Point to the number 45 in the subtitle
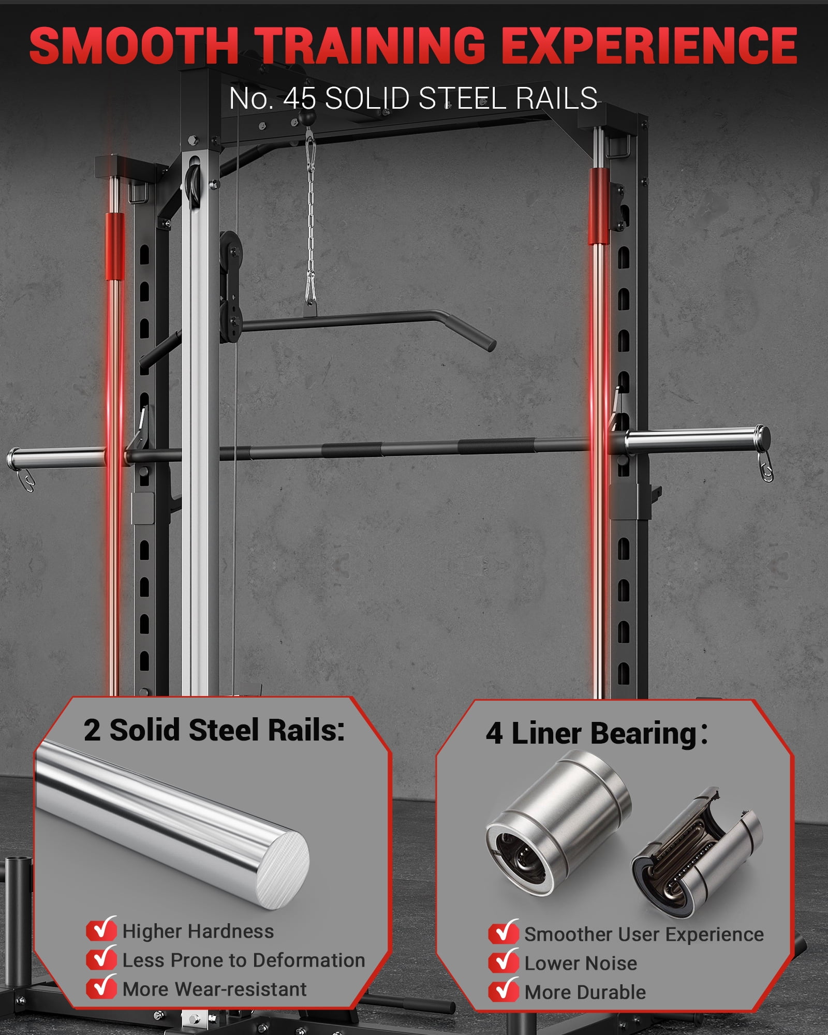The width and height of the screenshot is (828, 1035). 299,98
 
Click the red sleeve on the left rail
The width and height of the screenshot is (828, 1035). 115,246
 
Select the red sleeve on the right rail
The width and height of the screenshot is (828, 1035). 599,205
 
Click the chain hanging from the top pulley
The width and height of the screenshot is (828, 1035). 310,217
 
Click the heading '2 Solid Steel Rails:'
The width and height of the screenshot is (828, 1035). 214,730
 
